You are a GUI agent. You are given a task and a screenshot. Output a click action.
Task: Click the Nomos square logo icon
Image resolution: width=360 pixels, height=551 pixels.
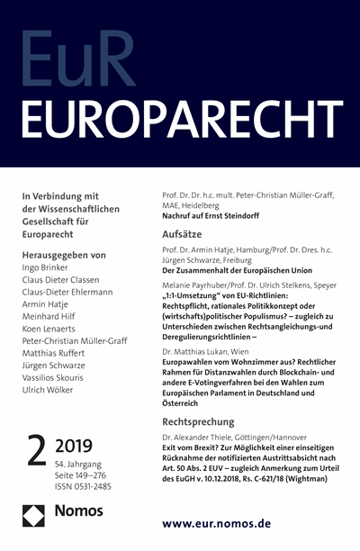point(34,522)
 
